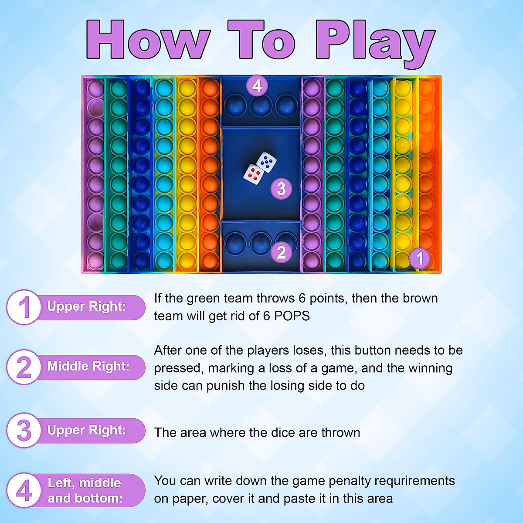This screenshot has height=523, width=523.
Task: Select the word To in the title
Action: click(x=261, y=40)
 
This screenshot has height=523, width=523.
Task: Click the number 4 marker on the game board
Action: click(x=257, y=85)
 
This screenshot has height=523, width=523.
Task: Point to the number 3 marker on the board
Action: click(x=282, y=188)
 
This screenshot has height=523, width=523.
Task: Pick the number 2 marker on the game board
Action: click(x=282, y=252)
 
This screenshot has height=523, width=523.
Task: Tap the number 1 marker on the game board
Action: click(x=419, y=258)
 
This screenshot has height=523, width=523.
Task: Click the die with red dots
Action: click(x=254, y=174)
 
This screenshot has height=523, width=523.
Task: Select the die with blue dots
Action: click(x=266, y=162)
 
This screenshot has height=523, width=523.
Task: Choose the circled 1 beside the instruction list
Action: click(x=24, y=307)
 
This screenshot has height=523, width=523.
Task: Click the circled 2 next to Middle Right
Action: click(x=24, y=367)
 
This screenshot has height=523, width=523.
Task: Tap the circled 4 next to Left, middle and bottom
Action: click(x=24, y=490)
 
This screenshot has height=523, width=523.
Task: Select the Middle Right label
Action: click(x=88, y=366)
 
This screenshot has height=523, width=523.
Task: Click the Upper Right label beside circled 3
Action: click(x=86, y=430)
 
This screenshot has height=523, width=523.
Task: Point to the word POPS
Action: click(x=292, y=316)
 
